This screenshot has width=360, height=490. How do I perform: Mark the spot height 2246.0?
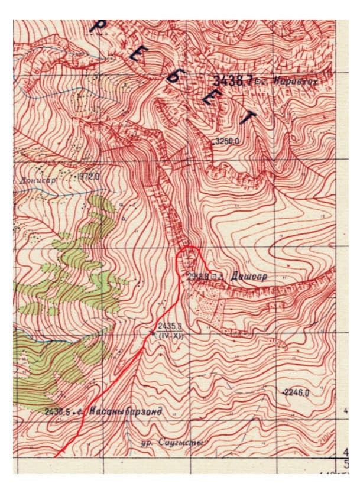click(x=297, y=392)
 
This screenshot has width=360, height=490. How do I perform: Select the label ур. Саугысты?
click(x=170, y=442)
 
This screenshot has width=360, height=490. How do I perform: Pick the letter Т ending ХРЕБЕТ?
click(x=247, y=118)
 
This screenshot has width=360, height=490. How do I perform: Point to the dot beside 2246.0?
click(x=283, y=392)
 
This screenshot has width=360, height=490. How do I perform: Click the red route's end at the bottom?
click(x=56, y=456)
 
